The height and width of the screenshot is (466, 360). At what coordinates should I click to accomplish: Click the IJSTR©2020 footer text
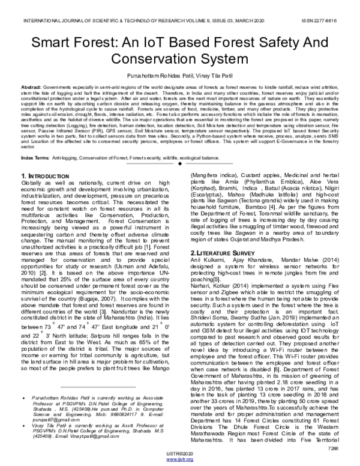181,454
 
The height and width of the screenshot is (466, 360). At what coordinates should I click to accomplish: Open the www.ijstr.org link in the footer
181,460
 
